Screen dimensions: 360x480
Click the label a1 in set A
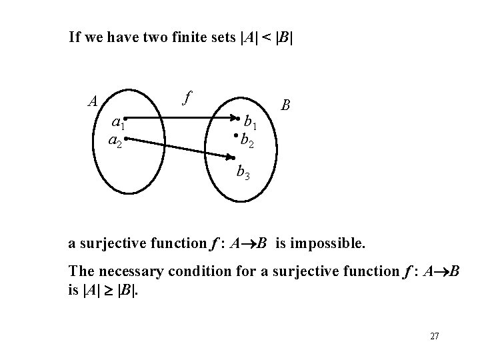[x=118, y=123]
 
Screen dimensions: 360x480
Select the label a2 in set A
[x=115, y=142]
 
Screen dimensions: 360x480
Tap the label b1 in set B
[x=253, y=123]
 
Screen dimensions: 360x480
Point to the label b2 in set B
[x=248, y=140]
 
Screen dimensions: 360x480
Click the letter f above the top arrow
[x=187, y=97]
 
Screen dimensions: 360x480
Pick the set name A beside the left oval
[x=94, y=101]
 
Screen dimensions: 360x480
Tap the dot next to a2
[x=125, y=139]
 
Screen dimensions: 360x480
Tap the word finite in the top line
[x=193, y=36]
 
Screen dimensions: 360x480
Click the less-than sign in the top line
[x=264, y=36]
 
